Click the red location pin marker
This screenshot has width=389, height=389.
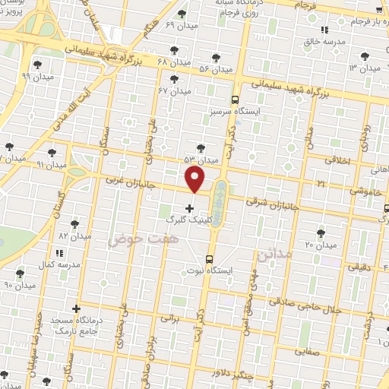[x=195, y=179]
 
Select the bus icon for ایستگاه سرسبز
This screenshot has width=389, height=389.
[x=234, y=100]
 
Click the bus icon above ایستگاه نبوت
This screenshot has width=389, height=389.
[x=210, y=258]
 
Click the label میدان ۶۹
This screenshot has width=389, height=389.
[x=180, y=26]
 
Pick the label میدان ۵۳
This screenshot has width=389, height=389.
[x=201, y=160]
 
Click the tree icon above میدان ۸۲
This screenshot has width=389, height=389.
[x=74, y=224]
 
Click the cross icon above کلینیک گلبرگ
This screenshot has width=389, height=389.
[x=189, y=207]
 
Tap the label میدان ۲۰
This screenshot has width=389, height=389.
[x=321, y=245]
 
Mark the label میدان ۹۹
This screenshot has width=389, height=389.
[x=36, y=77]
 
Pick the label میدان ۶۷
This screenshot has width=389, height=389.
[x=174, y=90]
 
